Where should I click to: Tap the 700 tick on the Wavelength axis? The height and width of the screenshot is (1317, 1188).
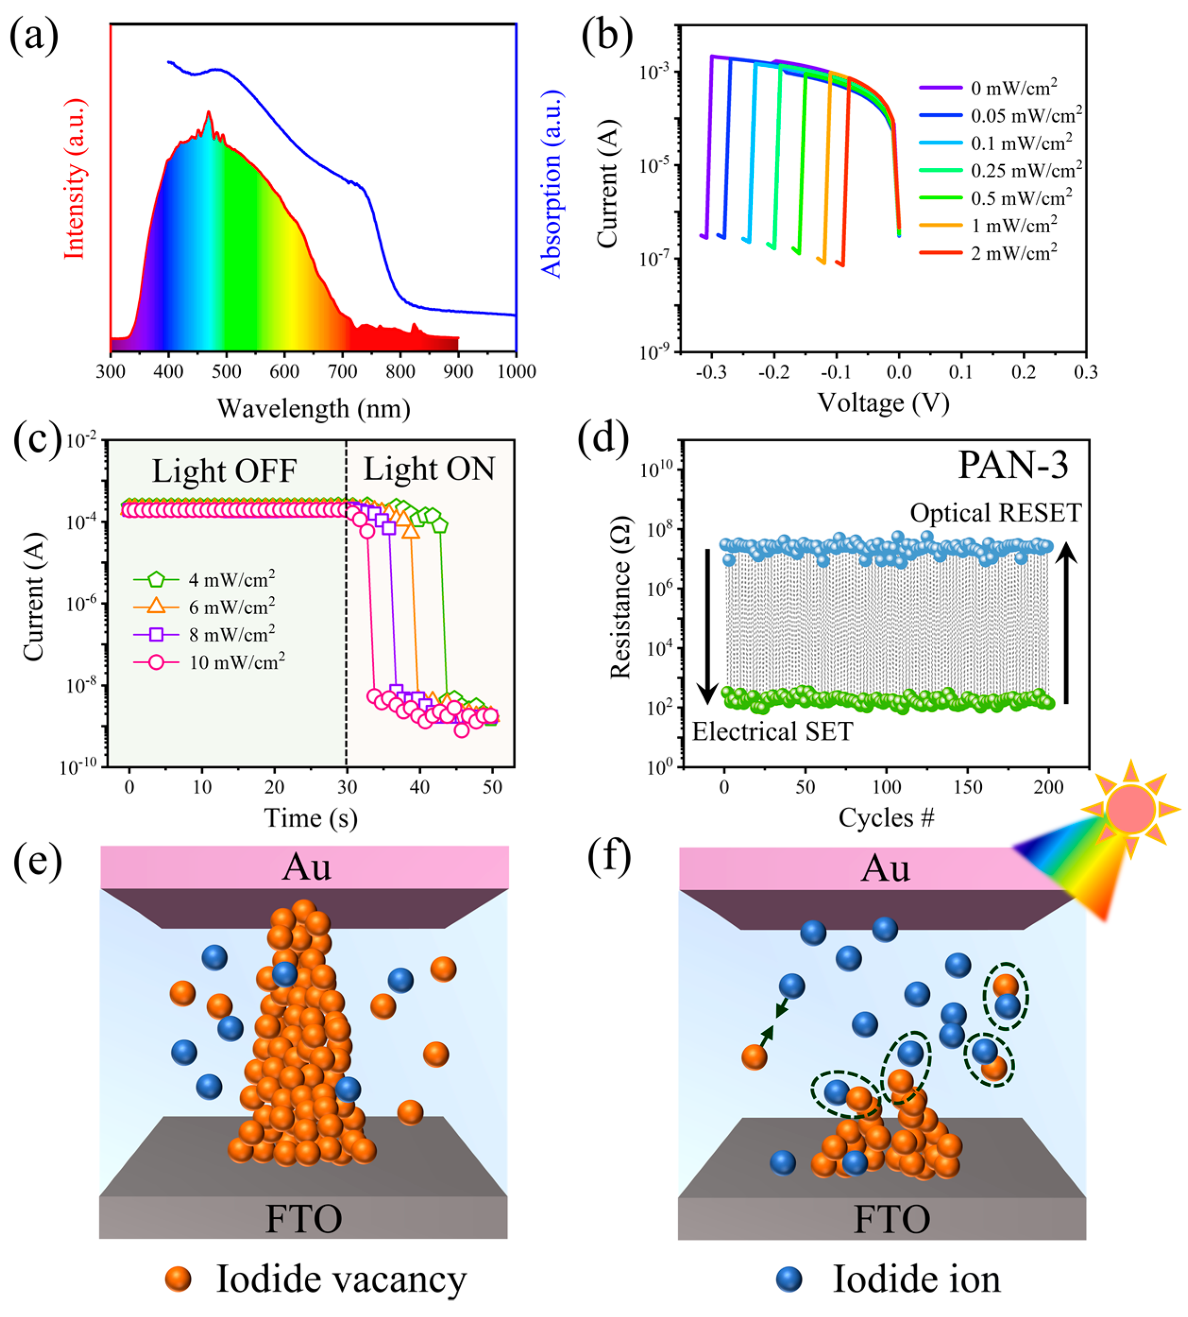(342, 371)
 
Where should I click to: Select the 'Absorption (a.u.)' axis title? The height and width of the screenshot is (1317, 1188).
(552, 184)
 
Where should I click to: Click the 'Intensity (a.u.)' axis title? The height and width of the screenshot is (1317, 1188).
(75, 179)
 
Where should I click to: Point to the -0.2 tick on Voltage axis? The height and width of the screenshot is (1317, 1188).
(774, 372)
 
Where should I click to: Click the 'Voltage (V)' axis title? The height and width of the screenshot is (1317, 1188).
(883, 403)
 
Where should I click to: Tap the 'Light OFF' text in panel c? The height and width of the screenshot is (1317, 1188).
(225, 471)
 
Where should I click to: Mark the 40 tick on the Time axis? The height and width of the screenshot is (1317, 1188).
(419, 787)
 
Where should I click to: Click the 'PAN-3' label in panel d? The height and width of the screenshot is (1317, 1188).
(1012, 465)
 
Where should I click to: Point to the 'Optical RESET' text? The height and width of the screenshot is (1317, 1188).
(995, 513)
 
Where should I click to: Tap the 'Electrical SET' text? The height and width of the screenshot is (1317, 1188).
(772, 731)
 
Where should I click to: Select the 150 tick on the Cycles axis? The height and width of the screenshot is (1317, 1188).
(968, 787)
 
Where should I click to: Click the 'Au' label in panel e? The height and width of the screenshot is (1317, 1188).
(306, 868)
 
